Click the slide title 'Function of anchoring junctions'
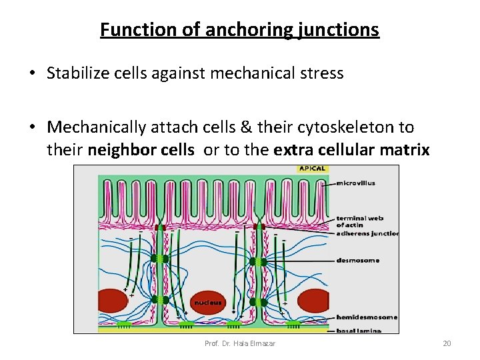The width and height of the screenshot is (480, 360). (x=239, y=30)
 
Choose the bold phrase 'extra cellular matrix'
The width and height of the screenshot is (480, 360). (x=351, y=150)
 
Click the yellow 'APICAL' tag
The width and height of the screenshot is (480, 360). (x=312, y=169)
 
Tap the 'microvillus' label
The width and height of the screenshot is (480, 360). (x=356, y=183)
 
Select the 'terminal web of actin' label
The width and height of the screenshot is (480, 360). (x=360, y=222)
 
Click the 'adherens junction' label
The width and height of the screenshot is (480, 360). (x=367, y=233)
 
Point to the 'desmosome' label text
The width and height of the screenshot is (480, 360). (x=357, y=260)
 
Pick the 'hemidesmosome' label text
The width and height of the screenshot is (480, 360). (x=367, y=317)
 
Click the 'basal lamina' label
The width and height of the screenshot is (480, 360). (x=359, y=330)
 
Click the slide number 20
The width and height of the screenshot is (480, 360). (x=447, y=343)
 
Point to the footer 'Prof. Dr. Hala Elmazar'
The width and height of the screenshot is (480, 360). (x=240, y=343)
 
